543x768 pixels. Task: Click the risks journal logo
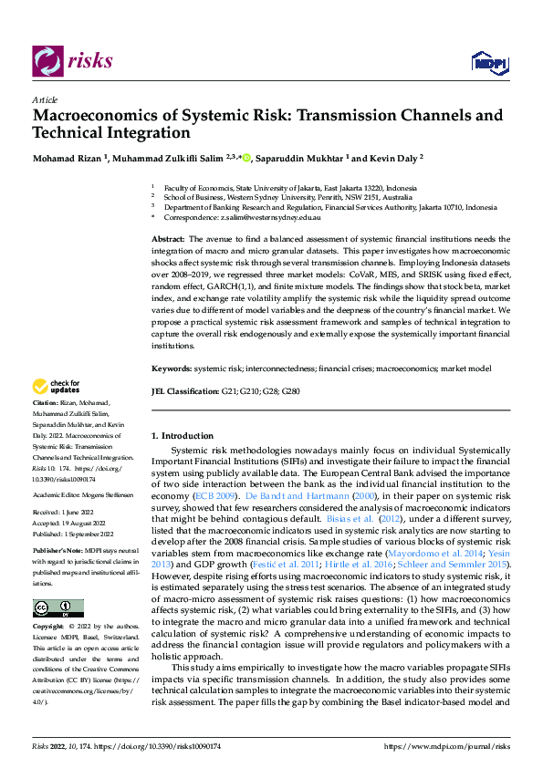[73, 61]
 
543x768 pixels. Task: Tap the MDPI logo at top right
[488, 61]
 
